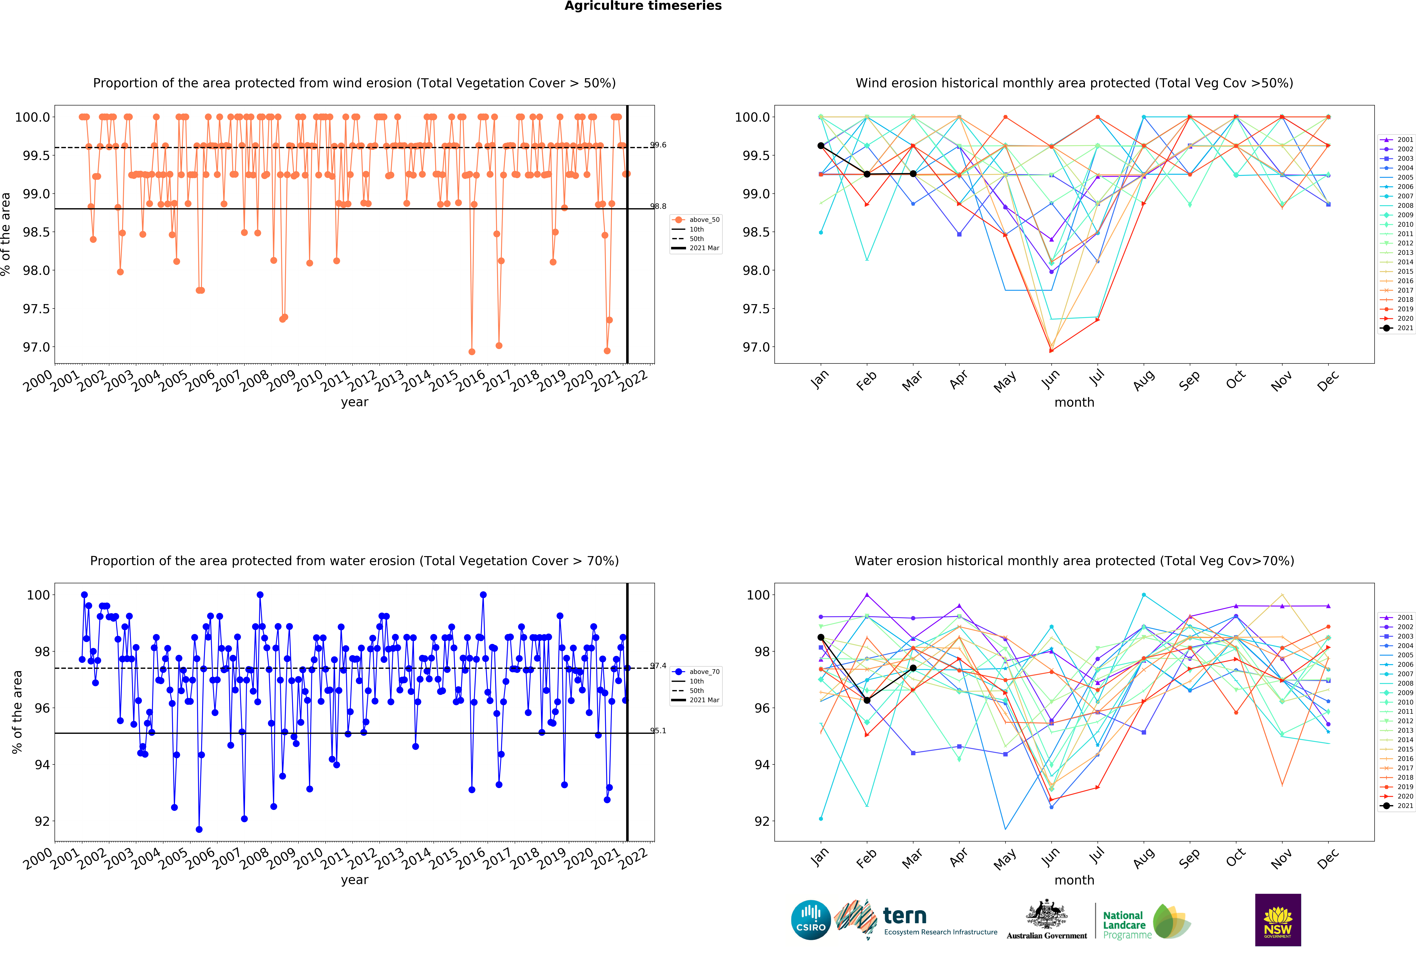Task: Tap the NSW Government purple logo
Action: click(x=1278, y=920)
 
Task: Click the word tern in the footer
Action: click(x=905, y=916)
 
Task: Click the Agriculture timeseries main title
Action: click(x=643, y=6)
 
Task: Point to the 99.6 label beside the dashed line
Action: click(x=658, y=145)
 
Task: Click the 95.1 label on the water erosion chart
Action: click(x=658, y=730)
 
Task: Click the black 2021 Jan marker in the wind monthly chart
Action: click(x=821, y=146)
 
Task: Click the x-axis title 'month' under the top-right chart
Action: click(x=1074, y=403)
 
